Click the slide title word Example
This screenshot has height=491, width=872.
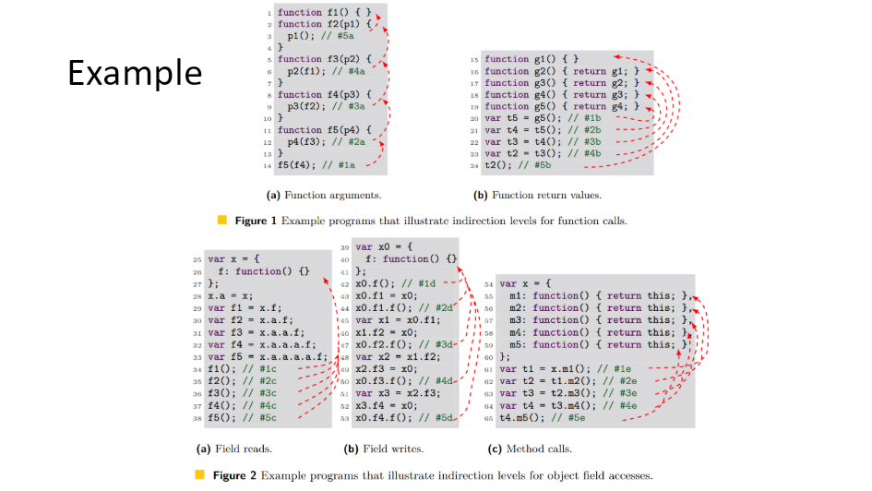135,72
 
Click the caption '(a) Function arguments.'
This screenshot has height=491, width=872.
324,195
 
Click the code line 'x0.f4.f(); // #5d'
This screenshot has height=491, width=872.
404,418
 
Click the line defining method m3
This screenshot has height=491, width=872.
591,319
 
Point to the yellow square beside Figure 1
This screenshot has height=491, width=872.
221,221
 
